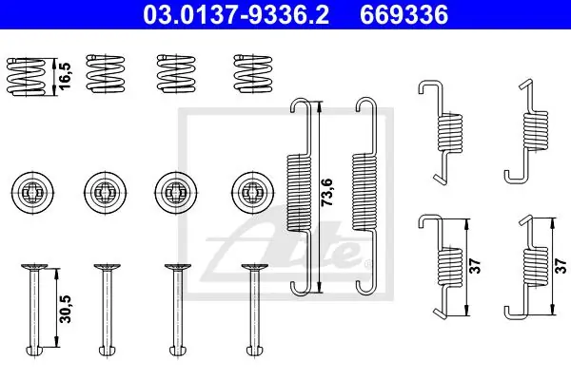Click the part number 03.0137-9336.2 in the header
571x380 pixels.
point(236,15)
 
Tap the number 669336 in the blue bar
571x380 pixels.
point(404,15)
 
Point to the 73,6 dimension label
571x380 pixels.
point(327,192)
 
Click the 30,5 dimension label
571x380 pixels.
point(66,309)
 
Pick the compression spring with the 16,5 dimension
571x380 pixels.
point(27,77)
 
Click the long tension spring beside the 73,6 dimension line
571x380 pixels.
point(300,197)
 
